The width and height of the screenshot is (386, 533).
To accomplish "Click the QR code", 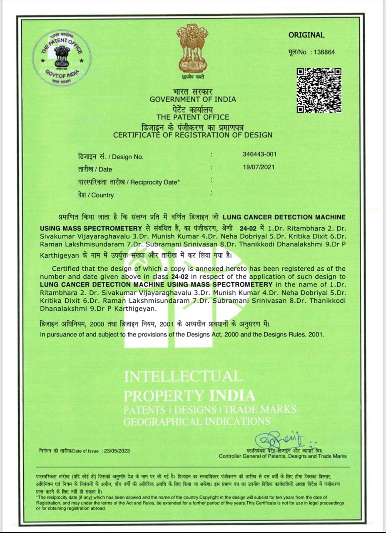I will [x=319, y=90].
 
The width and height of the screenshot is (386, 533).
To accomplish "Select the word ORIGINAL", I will [x=306, y=35].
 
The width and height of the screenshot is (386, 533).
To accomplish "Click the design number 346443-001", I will [x=259, y=154].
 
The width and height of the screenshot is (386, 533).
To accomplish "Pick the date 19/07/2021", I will [x=259, y=167].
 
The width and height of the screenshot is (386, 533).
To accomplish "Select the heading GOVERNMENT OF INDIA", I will [x=193, y=100].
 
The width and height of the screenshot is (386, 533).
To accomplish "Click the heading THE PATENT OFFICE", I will [x=193, y=117].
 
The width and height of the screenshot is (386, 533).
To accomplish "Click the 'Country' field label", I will [x=102, y=195].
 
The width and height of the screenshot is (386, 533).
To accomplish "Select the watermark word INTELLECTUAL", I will [x=183, y=376].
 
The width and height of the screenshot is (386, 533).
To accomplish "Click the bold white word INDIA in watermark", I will [x=232, y=395].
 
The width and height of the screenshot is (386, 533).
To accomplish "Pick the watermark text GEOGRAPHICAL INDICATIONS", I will [x=197, y=421].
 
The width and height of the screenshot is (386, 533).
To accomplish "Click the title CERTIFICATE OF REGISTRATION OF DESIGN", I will [x=193, y=135].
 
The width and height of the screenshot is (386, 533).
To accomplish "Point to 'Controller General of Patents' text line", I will [x=283, y=456].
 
